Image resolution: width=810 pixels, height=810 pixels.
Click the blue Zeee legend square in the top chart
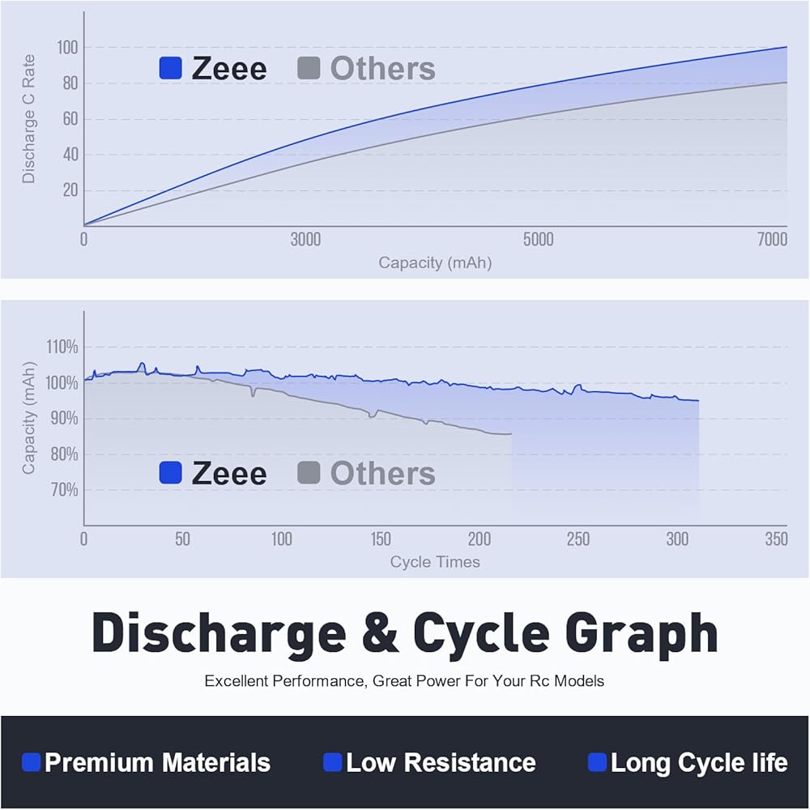(x=170, y=68)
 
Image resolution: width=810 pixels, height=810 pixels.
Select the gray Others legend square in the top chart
(x=309, y=68)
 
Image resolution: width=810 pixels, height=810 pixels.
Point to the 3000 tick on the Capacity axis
(x=305, y=240)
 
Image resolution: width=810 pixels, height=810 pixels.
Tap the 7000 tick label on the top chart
(x=772, y=240)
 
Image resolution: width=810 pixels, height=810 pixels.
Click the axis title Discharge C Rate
(x=29, y=119)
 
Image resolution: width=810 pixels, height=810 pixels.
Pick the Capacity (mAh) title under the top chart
(x=435, y=262)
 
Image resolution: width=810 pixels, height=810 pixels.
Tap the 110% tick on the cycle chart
(x=62, y=347)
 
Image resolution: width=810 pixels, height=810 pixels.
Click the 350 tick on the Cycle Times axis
(x=775, y=539)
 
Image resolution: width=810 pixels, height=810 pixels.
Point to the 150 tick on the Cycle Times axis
(x=381, y=539)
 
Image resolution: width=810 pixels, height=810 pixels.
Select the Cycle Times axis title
(x=435, y=561)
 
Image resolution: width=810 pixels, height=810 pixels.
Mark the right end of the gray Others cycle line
(x=511, y=434)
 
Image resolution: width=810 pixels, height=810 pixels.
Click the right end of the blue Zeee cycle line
(x=697, y=400)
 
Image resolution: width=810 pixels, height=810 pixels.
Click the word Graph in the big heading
(x=637, y=634)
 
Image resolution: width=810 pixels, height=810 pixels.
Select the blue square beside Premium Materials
(x=32, y=762)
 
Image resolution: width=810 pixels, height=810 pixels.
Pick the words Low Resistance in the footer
(x=441, y=762)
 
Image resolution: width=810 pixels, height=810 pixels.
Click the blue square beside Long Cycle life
(x=597, y=762)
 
